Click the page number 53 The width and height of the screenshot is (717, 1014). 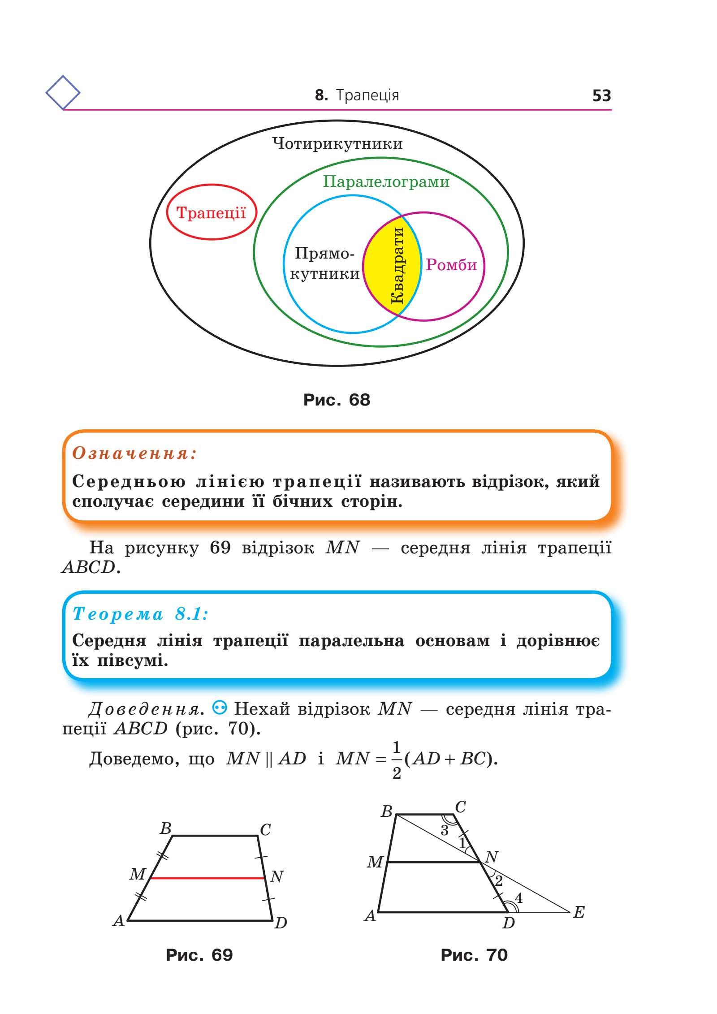(x=601, y=95)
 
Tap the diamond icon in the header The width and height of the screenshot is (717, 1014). (x=63, y=93)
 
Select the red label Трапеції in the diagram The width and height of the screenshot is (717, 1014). (x=211, y=212)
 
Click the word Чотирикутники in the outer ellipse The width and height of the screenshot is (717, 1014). (x=337, y=144)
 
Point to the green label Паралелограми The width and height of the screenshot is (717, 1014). (x=386, y=182)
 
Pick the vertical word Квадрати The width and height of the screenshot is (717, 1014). (x=397, y=266)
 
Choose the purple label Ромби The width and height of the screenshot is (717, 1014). (x=451, y=265)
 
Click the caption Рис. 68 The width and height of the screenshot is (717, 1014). (x=337, y=400)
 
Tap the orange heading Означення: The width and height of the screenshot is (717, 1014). (x=135, y=453)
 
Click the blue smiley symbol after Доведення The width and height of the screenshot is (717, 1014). (x=221, y=708)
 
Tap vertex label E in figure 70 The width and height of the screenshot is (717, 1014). (x=579, y=912)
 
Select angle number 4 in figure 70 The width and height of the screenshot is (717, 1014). (x=518, y=898)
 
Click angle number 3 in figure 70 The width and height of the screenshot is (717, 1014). (x=444, y=830)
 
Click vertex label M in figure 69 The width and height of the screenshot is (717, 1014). (x=138, y=874)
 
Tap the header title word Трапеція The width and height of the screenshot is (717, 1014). (x=367, y=95)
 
